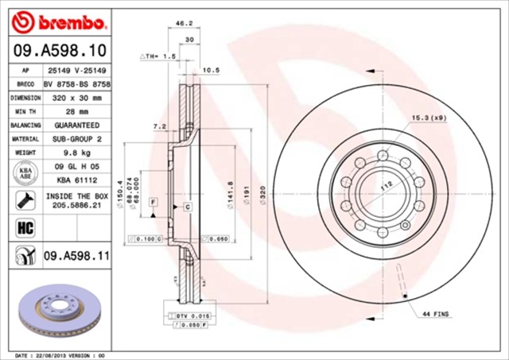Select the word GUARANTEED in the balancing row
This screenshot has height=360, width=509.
pos(77,126)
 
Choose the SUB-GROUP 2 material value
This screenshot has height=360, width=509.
pos(77,139)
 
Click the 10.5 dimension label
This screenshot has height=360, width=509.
pos(211,71)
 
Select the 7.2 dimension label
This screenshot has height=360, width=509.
pos(159,126)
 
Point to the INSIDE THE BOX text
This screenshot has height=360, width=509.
pos(77,195)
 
